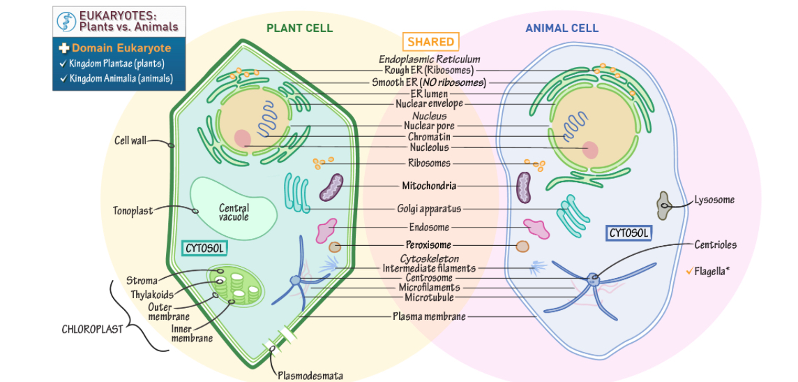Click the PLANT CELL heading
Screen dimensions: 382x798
point(299,28)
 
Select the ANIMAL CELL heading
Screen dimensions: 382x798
point(562,28)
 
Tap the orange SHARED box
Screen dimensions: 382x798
point(430,42)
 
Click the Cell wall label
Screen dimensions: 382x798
point(130,140)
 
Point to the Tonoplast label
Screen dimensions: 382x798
point(133,210)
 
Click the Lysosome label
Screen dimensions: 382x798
point(714,200)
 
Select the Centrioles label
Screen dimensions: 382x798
point(715,244)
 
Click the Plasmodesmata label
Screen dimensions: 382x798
point(310,375)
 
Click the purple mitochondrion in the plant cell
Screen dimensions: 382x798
point(331,188)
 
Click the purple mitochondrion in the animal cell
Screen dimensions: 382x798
point(524,188)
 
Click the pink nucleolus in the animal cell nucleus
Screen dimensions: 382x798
point(590,149)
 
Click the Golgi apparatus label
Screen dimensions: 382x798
point(429,208)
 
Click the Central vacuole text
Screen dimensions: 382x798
point(234,212)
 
